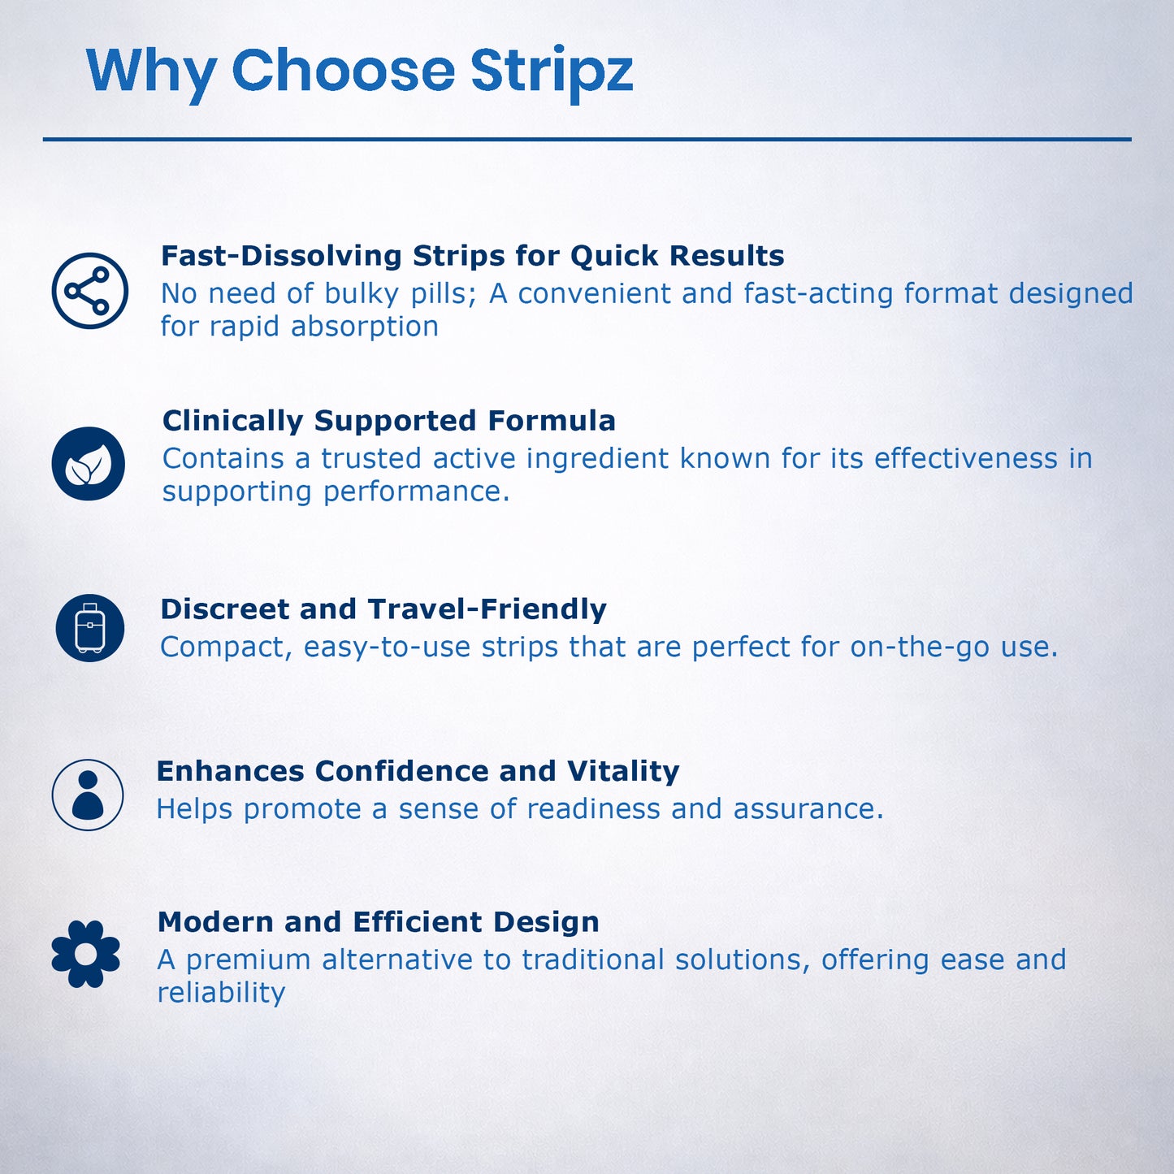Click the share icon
(x=89, y=291)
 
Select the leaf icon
(x=89, y=464)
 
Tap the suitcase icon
(x=89, y=628)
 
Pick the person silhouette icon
(x=88, y=795)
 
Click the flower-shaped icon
(x=85, y=954)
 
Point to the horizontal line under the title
(x=587, y=140)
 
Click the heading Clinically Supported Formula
(x=388, y=421)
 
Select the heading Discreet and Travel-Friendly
(x=383, y=609)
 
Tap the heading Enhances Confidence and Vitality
(x=418, y=771)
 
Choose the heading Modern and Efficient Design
(x=378, y=922)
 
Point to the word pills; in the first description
(x=443, y=294)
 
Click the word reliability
(x=221, y=993)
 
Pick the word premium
(x=248, y=960)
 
